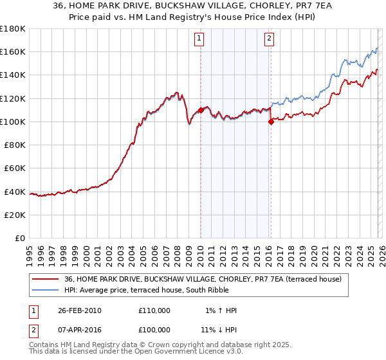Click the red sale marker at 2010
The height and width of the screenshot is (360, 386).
pyautogui.click(x=201, y=110)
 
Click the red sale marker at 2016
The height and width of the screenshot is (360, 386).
pyautogui.click(x=271, y=122)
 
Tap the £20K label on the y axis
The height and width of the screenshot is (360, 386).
pyautogui.click(x=15, y=215)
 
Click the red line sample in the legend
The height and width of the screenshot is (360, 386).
pyautogui.click(x=46, y=279)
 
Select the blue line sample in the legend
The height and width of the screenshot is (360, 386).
pyautogui.click(x=46, y=290)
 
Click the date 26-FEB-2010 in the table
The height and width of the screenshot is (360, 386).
pyautogui.click(x=80, y=310)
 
